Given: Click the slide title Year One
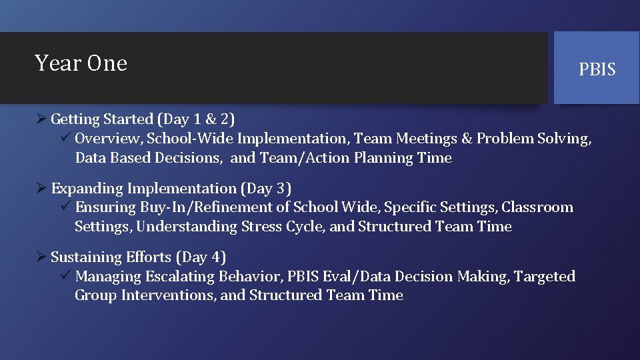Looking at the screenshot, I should pyautogui.click(x=81, y=63).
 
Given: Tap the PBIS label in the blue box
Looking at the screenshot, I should pyautogui.click(x=597, y=69).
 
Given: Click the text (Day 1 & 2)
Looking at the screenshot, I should pyautogui.click(x=196, y=119).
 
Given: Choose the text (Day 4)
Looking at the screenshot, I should pyautogui.click(x=201, y=257).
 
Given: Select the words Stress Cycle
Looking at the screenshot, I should pyautogui.click(x=281, y=227).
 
